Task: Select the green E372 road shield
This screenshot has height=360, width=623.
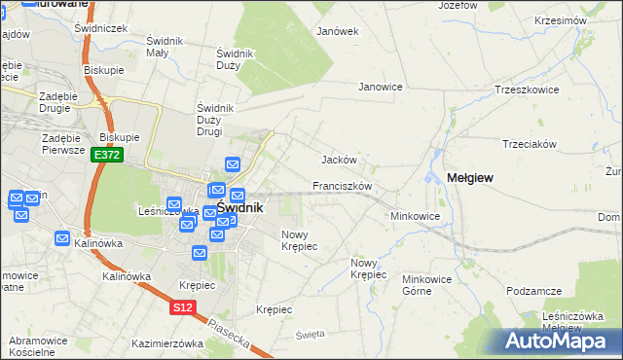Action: [106, 155]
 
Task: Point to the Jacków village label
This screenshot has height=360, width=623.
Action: [340, 160]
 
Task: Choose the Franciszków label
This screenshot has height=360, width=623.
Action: [343, 186]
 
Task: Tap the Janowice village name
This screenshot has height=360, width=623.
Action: [381, 87]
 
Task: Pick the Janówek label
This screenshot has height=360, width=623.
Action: [338, 31]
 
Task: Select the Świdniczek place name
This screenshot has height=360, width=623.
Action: [101, 28]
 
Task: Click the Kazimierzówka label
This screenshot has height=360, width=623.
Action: [166, 343]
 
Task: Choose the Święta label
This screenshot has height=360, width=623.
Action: [310, 334]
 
